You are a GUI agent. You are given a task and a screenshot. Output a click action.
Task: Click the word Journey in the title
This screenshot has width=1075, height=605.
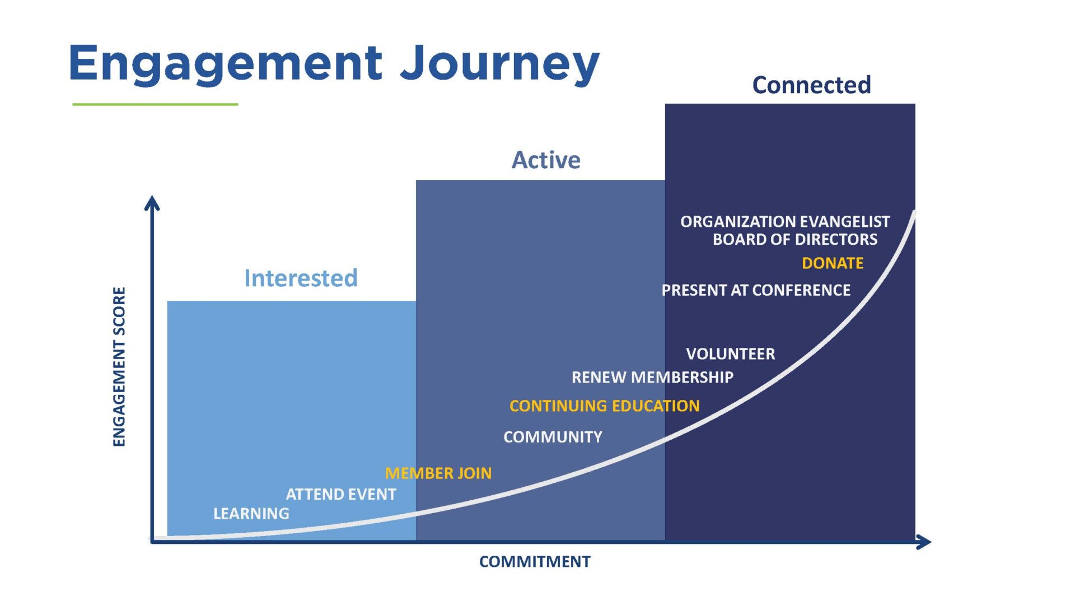(499, 63)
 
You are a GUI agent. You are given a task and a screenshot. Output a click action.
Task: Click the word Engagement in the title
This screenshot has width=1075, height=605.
(226, 63)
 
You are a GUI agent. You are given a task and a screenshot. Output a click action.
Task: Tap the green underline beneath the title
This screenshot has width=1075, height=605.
(155, 104)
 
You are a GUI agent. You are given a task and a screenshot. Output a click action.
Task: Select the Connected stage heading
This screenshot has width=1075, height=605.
(811, 85)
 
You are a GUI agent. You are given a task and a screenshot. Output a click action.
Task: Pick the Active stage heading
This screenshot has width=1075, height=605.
(546, 160)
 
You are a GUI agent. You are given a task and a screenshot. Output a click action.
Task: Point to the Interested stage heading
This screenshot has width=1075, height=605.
(301, 278)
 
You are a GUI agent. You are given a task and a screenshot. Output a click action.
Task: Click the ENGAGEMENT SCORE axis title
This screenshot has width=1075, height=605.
(119, 366)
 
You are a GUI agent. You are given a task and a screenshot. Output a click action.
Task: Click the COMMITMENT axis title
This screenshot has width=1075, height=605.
(535, 562)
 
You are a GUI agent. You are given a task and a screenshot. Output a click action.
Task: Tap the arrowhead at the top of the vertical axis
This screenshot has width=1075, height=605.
(152, 203)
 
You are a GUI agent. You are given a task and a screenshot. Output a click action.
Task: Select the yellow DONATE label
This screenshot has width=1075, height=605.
(832, 263)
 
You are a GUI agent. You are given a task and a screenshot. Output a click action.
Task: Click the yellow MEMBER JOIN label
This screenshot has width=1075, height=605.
(438, 473)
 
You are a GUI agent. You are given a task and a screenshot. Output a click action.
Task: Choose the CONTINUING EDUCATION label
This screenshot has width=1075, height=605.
(604, 406)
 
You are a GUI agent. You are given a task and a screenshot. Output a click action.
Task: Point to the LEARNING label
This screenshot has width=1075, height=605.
(251, 514)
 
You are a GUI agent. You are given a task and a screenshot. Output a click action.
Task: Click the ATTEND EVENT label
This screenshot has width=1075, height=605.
(340, 495)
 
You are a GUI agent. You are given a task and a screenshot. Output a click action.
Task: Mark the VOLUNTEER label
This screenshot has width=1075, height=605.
(730, 354)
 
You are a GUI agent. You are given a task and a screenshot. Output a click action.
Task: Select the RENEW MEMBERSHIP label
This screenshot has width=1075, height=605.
(652, 378)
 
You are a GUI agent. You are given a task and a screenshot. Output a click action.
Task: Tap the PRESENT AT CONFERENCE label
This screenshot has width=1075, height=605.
(755, 290)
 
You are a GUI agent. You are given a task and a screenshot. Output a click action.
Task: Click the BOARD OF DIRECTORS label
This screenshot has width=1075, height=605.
(794, 240)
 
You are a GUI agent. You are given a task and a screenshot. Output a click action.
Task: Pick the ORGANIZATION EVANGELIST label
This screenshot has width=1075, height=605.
(784, 222)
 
